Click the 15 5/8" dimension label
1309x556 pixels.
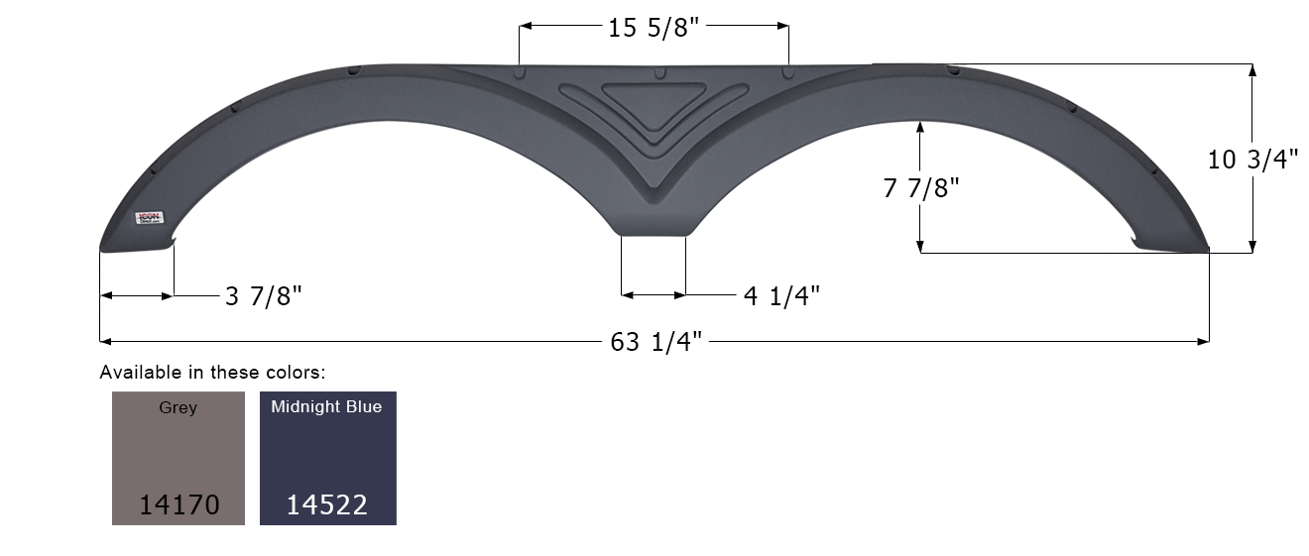coord(654,28)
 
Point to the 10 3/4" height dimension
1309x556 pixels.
coord(1252,159)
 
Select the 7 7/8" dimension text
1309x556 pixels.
coord(921,187)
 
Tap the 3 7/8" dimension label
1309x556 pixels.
coord(263,295)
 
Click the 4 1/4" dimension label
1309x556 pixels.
coord(781,295)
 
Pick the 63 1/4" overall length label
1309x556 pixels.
coord(656,342)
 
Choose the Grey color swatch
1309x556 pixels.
coord(178,457)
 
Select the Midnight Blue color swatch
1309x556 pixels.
coord(327,457)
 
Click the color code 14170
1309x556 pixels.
coord(178,504)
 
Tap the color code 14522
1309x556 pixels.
coord(327,504)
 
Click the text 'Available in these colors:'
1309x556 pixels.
coord(212,373)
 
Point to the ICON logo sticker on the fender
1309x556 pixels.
coord(150,218)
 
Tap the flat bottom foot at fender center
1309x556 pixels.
coord(654,230)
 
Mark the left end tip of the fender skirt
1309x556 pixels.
coord(103,247)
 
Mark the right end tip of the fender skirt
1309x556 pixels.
coord(1205,247)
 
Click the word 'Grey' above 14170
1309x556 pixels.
coord(178,407)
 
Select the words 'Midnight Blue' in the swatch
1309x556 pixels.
coord(326,407)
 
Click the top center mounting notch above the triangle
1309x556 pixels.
coord(657,72)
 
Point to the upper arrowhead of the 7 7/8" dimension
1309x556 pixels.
coord(921,126)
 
